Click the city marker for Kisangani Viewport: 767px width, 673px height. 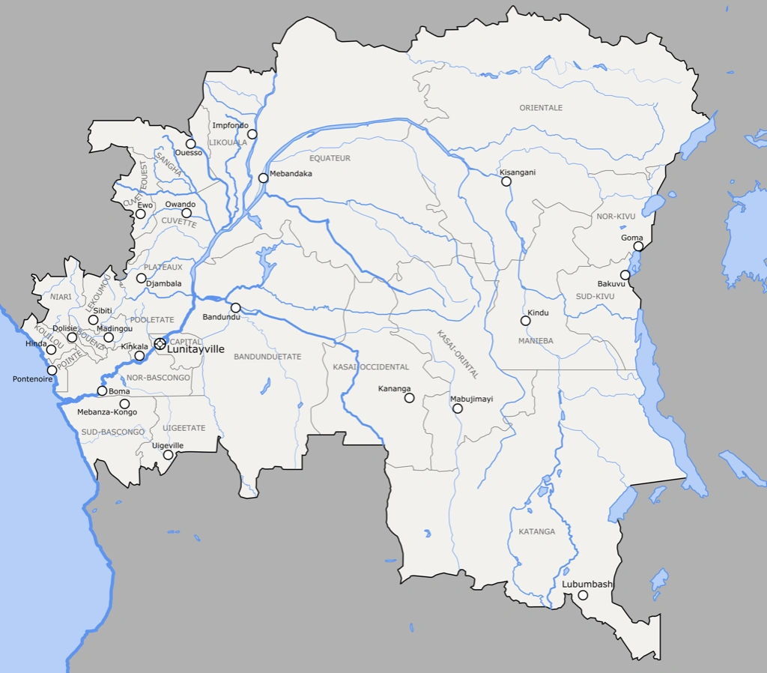tap(506, 181)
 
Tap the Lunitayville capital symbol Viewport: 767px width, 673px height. tap(160, 343)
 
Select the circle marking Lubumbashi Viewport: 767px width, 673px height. tap(583, 596)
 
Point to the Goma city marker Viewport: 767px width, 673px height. tap(638, 246)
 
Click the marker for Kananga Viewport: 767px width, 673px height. tap(409, 398)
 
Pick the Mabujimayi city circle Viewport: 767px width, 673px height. tap(458, 408)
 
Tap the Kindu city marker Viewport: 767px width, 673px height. tap(525, 321)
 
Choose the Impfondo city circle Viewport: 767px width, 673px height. tap(252, 134)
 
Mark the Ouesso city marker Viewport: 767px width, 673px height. tap(191, 144)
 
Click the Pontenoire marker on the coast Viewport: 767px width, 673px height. tap(52, 370)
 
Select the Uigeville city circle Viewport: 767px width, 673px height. tap(169, 455)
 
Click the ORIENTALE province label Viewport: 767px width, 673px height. tap(541, 108)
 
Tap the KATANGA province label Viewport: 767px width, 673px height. tap(537, 531)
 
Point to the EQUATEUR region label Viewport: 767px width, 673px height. tap(330, 158)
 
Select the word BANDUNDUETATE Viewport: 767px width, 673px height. tap(267, 357)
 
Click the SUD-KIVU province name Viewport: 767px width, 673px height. tap(595, 297)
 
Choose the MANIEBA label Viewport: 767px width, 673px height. tap(536, 341)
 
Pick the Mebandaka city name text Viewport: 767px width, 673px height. tap(291, 174)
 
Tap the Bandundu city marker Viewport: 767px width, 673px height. tap(235, 307)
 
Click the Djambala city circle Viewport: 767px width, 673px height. tap(141, 278)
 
